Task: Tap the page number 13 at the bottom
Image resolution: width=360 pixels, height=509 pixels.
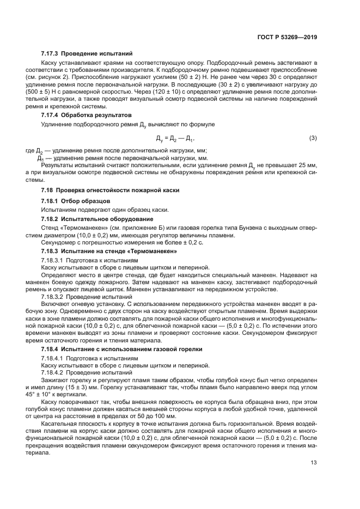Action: tap(314, 463)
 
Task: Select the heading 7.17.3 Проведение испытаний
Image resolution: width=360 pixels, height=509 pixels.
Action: tap(87, 54)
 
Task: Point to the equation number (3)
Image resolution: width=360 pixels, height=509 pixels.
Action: tap(313, 138)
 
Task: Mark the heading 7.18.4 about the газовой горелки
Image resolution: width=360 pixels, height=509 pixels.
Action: tap(121, 348)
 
